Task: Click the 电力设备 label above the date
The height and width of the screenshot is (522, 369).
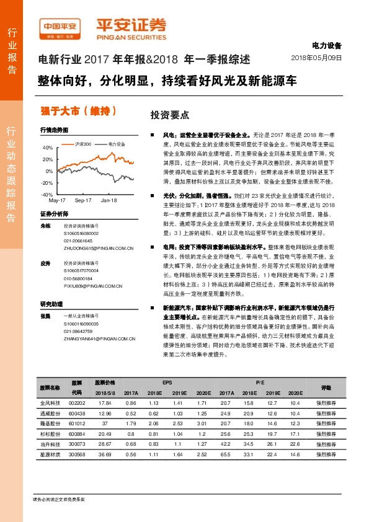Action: click(326, 46)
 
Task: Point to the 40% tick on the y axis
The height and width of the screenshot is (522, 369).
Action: click(47, 148)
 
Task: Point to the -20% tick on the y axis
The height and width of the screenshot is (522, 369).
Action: click(47, 182)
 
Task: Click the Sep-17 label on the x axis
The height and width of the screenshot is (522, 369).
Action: click(83, 201)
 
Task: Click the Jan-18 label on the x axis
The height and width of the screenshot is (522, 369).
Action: click(109, 201)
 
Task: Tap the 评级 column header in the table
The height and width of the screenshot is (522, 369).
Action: click(326, 387)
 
